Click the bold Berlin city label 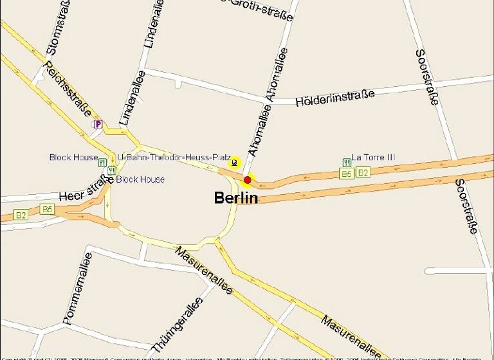235,198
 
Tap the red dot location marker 248,180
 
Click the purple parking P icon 98,124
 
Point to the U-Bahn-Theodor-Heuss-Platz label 174,157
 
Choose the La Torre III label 374,158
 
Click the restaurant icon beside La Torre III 347,161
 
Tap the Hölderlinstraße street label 334,98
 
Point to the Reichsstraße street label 68,88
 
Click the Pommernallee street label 78,289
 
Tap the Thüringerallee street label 177,325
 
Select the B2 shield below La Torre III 363,172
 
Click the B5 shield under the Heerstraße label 47,209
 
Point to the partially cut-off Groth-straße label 257,8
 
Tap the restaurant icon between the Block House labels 112,170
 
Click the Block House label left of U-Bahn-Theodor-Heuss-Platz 73,157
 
